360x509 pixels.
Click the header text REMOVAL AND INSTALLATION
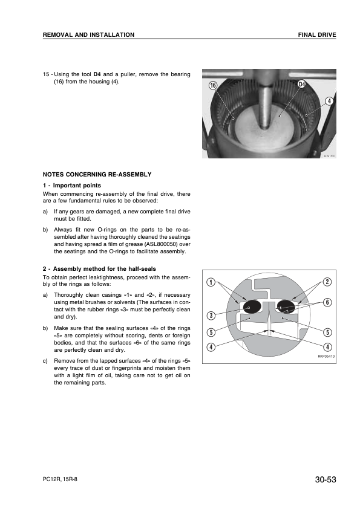(x=88, y=34)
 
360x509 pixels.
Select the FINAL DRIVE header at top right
(x=317, y=34)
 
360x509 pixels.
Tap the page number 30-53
(x=326, y=479)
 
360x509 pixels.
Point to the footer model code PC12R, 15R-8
(x=60, y=479)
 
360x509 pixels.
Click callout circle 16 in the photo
(x=212, y=85)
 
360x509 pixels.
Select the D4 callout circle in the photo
(x=302, y=85)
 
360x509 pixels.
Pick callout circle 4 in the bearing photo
(x=330, y=101)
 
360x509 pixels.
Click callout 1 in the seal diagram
(x=211, y=282)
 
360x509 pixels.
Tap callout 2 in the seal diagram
(x=327, y=282)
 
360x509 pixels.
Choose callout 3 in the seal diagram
(x=211, y=315)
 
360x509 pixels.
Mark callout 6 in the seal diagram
(x=327, y=302)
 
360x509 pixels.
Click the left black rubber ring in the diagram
(x=252, y=306)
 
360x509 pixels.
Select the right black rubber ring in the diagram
(x=286, y=306)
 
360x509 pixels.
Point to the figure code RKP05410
(x=326, y=357)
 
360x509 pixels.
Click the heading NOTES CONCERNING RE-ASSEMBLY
(x=97, y=174)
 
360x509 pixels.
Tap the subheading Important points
(x=77, y=186)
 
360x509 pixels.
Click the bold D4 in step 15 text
(x=97, y=74)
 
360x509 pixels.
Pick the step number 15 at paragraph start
(x=46, y=74)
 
